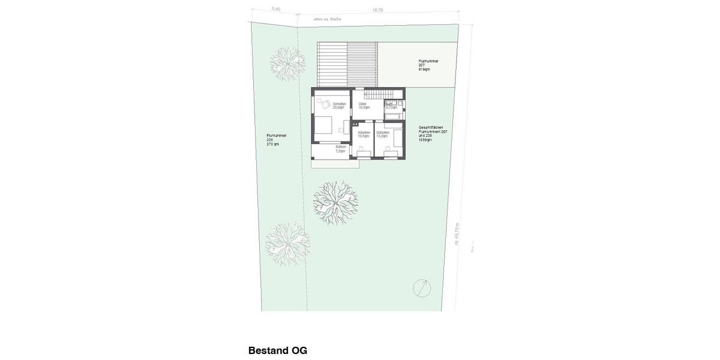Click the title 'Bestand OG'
pyautogui.click(x=277, y=350)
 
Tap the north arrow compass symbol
pyautogui.click(x=422, y=288)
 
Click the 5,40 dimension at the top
pyautogui.click(x=276, y=9)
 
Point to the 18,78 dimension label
pyautogui.click(x=377, y=10)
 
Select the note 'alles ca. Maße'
pyautogui.click(x=327, y=19)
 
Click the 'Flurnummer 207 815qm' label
pyautogui.click(x=428, y=65)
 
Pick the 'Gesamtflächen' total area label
pyautogui.click(x=433, y=133)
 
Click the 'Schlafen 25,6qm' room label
pyautogui.click(x=339, y=106)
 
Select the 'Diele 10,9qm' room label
pyautogui.click(x=364, y=106)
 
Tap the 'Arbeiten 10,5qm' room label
pyautogui.click(x=364, y=134)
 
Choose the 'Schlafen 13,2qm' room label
pyautogui.click(x=383, y=134)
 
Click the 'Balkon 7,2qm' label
pyautogui.click(x=340, y=149)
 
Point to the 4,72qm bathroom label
pyautogui.click(x=391, y=107)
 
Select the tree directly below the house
pyautogui.click(x=335, y=202)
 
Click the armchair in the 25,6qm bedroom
pyautogui.click(x=324, y=104)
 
